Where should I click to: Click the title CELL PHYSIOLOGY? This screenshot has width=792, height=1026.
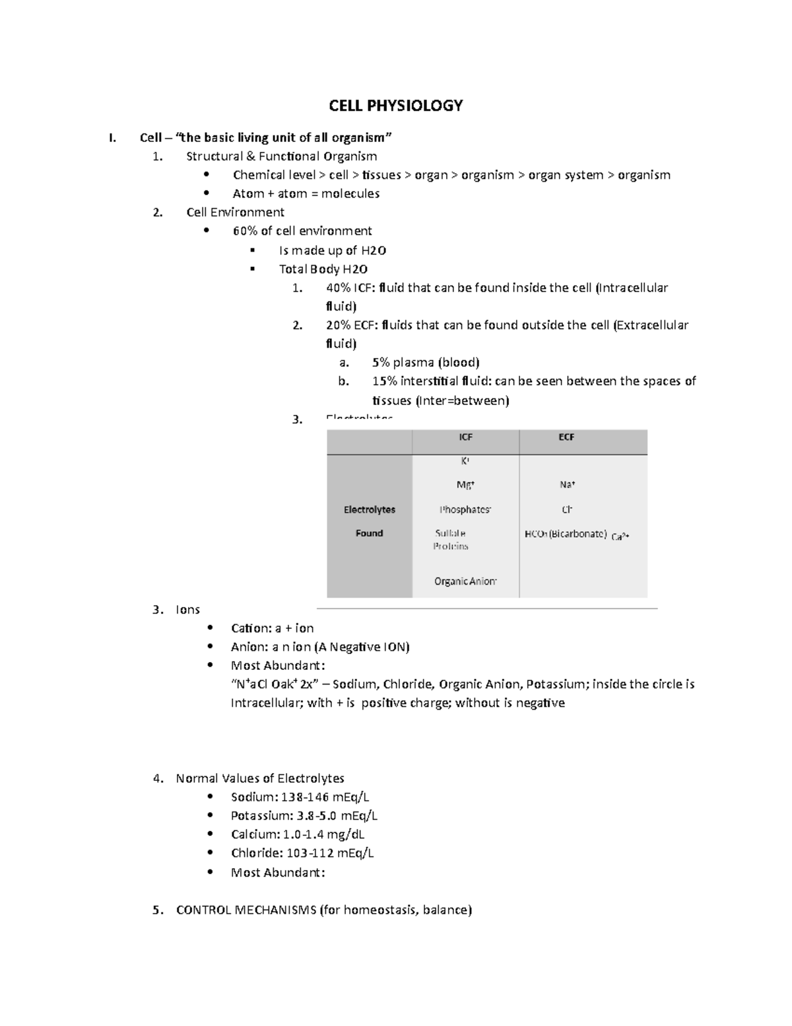[x=396, y=106]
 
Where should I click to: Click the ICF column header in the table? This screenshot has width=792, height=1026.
[x=465, y=437]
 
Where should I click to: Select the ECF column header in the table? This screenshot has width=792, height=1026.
[x=566, y=437]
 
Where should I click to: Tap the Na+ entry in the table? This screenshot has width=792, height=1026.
[x=567, y=485]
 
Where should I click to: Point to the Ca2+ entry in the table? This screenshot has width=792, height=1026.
[x=620, y=537]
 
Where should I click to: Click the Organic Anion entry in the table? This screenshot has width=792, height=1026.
[x=465, y=581]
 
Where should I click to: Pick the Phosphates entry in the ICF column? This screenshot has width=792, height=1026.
[x=465, y=510]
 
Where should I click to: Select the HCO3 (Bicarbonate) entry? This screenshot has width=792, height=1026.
[x=565, y=534]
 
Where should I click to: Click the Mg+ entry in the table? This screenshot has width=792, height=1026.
[x=465, y=485]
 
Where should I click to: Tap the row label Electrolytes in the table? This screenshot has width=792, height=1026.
[x=369, y=510]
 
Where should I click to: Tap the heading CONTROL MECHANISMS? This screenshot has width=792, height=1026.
[x=246, y=910]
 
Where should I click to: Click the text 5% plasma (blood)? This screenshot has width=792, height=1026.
[x=426, y=363]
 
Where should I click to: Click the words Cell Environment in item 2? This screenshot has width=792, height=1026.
[x=235, y=213]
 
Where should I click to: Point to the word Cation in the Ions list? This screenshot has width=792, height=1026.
[x=250, y=628]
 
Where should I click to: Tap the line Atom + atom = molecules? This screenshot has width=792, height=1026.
[x=306, y=194]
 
